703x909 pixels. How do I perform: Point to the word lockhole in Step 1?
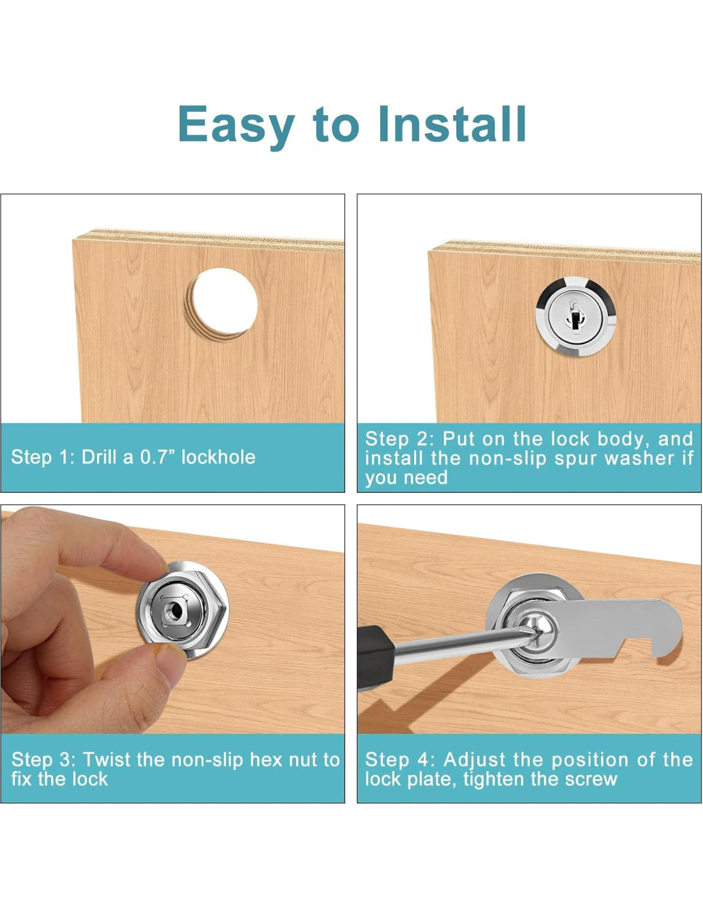pyautogui.click(x=218, y=457)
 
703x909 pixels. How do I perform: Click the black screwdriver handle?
pyautogui.click(x=376, y=651)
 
